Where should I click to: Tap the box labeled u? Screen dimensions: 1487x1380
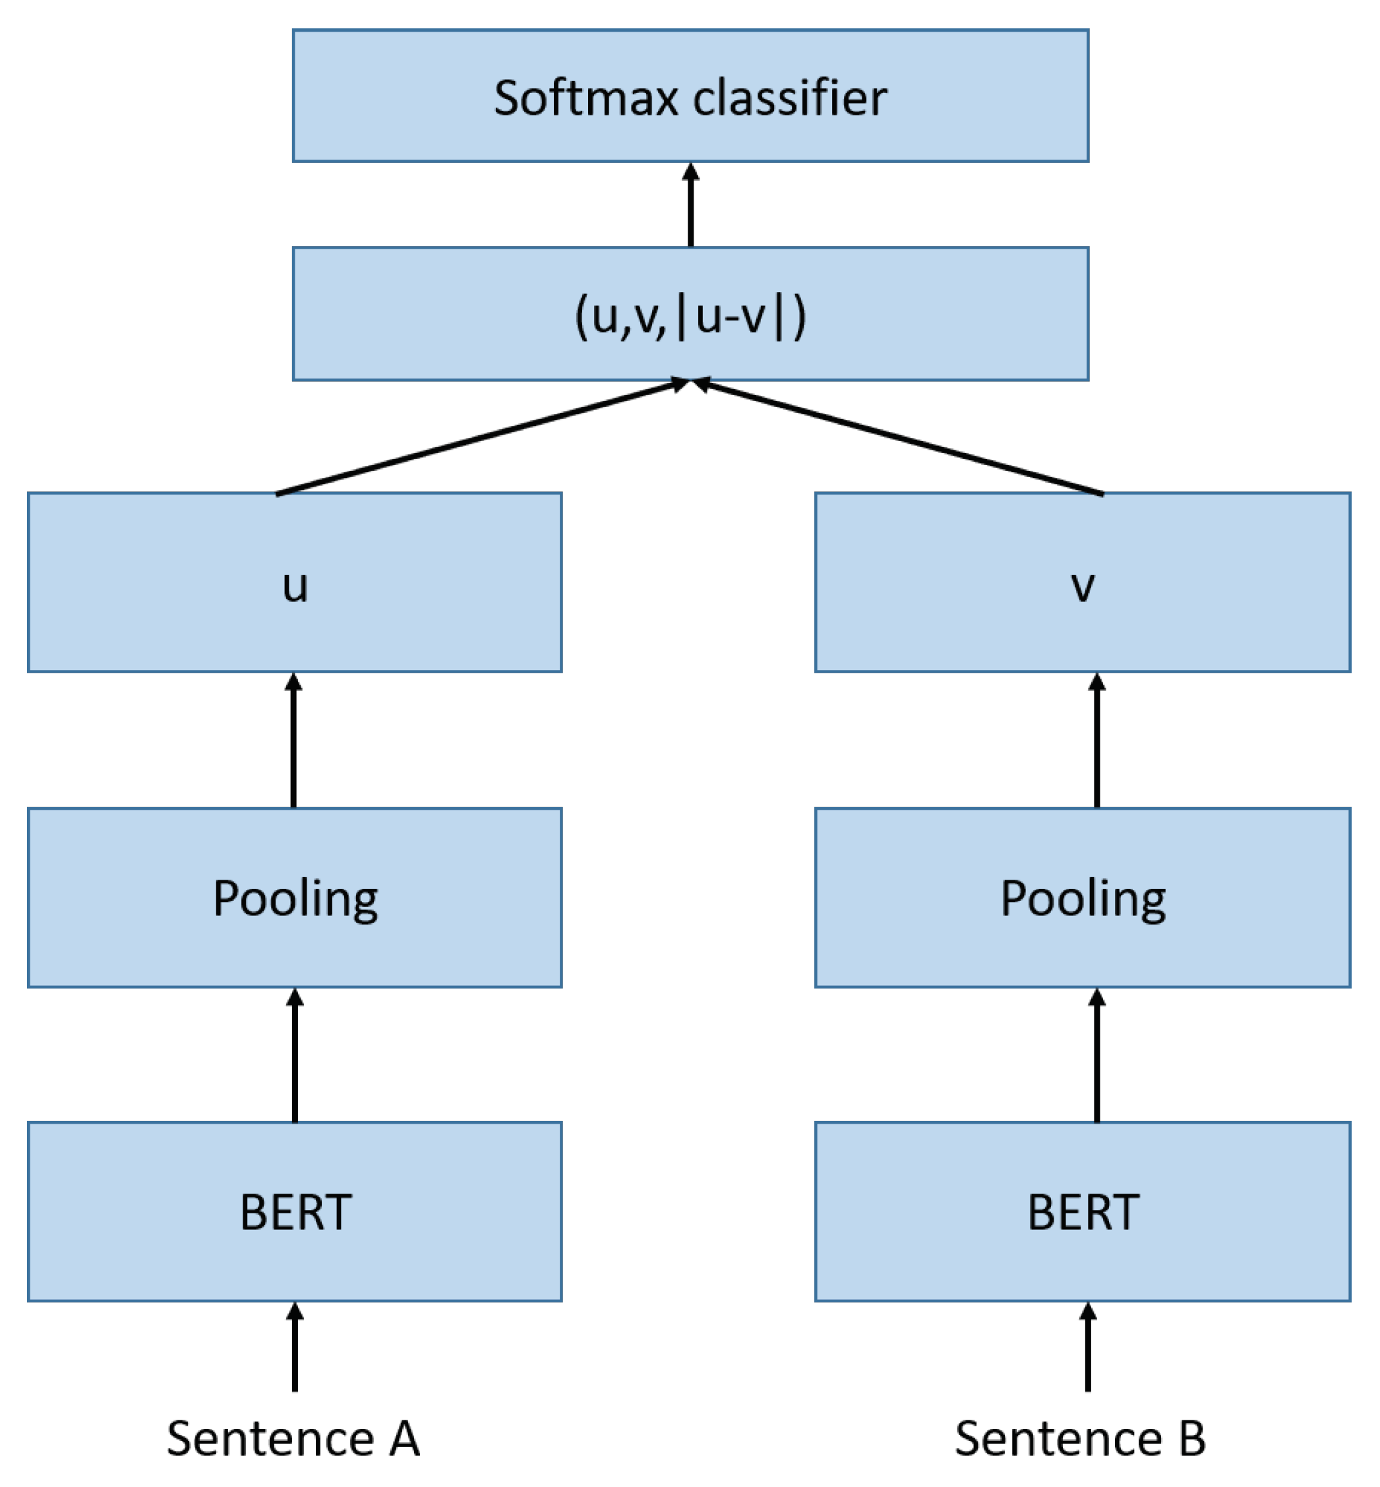pos(294,582)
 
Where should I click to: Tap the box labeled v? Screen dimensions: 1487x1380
pos(1082,582)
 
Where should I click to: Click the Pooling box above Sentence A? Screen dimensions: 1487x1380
pos(294,897)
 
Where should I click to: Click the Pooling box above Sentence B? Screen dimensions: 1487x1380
pos(1082,897)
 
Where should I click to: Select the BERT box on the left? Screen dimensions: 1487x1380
pos(294,1211)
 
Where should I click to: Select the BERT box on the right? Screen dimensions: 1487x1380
pos(1082,1211)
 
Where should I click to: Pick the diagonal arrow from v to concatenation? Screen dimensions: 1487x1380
pos(900,439)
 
